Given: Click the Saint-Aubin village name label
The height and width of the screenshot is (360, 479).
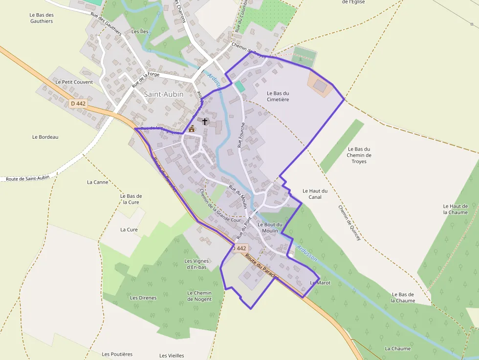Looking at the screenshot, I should pyautogui.click(x=164, y=93).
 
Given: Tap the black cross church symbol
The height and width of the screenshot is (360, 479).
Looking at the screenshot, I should pyautogui.click(x=205, y=121).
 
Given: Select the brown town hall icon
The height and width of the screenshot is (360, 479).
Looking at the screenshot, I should pyautogui.click(x=192, y=129).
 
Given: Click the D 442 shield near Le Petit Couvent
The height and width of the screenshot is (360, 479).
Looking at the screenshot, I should pyautogui.click(x=78, y=104).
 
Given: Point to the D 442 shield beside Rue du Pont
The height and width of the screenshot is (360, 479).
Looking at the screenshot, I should pyautogui.click(x=239, y=248).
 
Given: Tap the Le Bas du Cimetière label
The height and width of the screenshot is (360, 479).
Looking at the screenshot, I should pyautogui.click(x=278, y=96).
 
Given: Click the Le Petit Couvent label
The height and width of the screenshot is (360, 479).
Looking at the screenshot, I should pyautogui.click(x=74, y=82).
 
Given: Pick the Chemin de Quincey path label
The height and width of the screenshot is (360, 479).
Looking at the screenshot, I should pyautogui.click(x=349, y=222).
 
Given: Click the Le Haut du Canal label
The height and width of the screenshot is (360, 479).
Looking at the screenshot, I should pyautogui.click(x=315, y=194).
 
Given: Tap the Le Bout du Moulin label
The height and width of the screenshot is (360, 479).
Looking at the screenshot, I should pyautogui.click(x=270, y=228).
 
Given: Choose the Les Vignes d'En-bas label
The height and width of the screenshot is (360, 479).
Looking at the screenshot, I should pyautogui.click(x=196, y=264).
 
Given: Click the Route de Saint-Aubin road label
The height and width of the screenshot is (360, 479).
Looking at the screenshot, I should pyautogui.click(x=28, y=178).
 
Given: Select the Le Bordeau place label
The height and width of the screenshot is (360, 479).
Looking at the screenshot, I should pyautogui.click(x=45, y=137).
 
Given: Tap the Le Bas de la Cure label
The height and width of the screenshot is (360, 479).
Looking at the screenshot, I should pyautogui.click(x=131, y=199).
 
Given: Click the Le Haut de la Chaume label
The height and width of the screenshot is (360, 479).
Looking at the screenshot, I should pyautogui.click(x=455, y=209).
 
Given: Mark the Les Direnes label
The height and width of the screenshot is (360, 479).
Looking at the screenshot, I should pyautogui.click(x=143, y=297).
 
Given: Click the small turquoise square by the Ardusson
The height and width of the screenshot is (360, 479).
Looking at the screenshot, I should pyautogui.click(x=239, y=86).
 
